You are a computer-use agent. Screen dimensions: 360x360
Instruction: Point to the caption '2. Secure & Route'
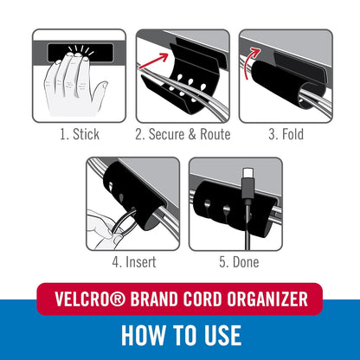182,134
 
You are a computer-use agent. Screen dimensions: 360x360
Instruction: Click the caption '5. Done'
235,261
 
